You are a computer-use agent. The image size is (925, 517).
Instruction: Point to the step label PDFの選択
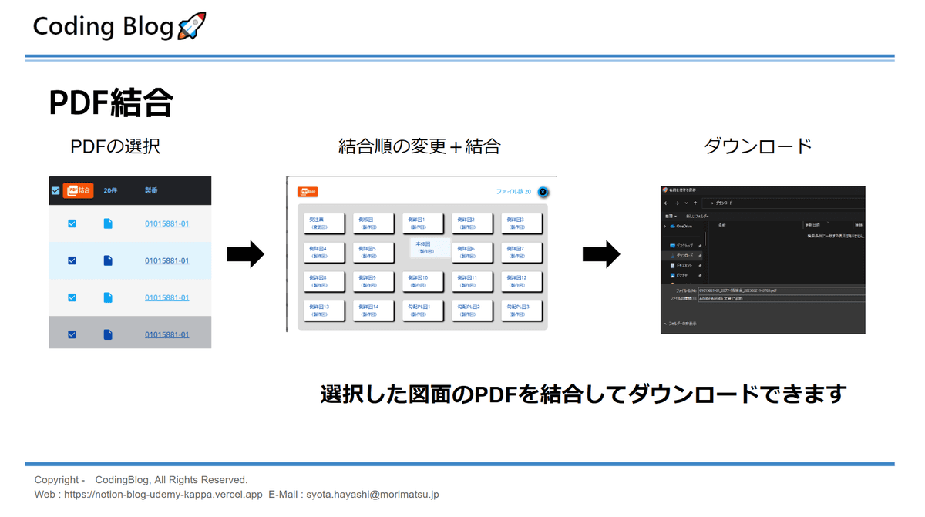[116, 146]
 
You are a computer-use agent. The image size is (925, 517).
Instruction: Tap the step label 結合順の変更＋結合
[419, 146]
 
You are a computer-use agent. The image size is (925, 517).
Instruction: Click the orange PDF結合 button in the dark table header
[78, 190]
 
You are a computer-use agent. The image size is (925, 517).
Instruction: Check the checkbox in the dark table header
[55, 191]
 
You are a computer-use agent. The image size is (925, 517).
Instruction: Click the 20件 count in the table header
[110, 190]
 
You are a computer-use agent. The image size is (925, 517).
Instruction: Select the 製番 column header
[151, 190]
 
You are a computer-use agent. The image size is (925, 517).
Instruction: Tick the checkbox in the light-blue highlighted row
[72, 260]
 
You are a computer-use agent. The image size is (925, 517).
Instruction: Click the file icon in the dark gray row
[108, 334]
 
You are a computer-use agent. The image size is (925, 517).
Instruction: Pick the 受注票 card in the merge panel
[321, 223]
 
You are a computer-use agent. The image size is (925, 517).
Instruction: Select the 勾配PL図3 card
[522, 311]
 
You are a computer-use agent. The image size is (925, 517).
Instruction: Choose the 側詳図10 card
[422, 281]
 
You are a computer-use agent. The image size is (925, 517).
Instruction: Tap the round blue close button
[543, 192]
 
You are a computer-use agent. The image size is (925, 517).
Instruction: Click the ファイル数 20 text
[513, 192]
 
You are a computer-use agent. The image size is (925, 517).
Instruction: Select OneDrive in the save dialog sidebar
[684, 227]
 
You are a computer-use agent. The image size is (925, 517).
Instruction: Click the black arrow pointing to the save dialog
[601, 254]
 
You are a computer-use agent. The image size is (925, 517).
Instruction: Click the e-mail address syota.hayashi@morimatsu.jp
[372, 494]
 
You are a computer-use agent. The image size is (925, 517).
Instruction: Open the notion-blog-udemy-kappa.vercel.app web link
[163, 494]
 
